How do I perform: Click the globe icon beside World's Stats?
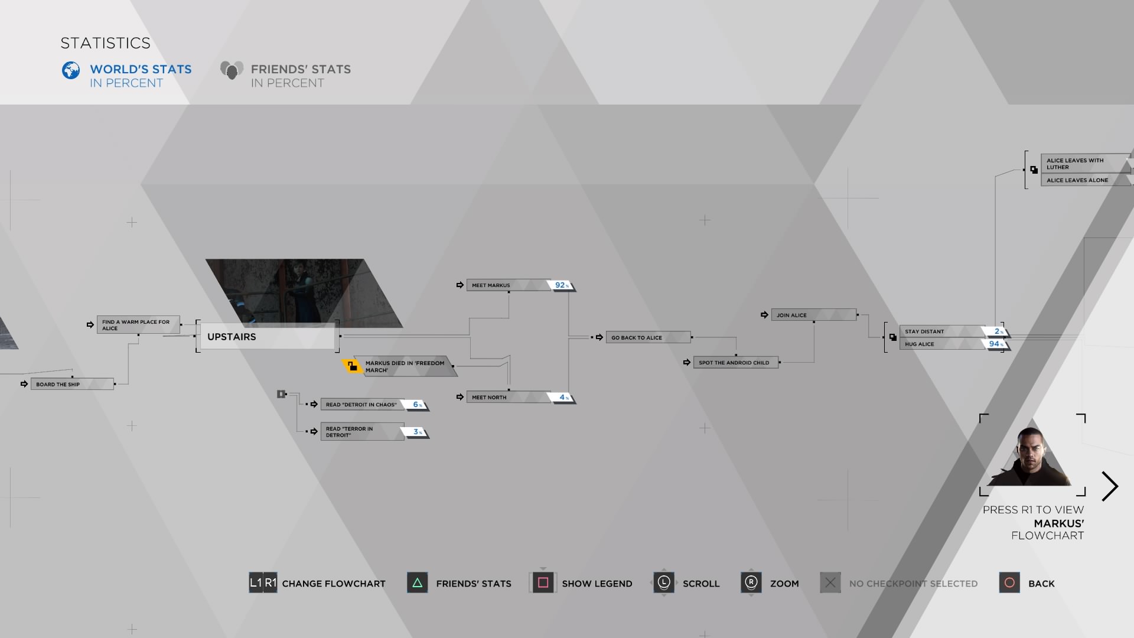click(x=71, y=70)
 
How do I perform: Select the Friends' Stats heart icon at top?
click(x=232, y=70)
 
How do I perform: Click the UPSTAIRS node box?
click(x=267, y=337)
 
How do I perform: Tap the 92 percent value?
click(x=561, y=285)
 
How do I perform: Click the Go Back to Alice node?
click(x=647, y=337)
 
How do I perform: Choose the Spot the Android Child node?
click(x=735, y=363)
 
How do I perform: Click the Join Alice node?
click(x=813, y=315)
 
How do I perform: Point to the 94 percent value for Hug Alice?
click(x=995, y=344)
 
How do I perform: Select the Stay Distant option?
click(x=939, y=331)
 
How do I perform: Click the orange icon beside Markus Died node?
click(x=352, y=366)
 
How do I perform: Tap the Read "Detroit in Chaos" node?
click(x=361, y=405)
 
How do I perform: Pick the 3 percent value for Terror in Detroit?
click(x=417, y=432)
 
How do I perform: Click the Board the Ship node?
click(x=71, y=384)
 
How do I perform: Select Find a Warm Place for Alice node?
click(x=138, y=325)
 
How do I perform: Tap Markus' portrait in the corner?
click(x=1031, y=457)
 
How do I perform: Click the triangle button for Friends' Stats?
click(x=417, y=583)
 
